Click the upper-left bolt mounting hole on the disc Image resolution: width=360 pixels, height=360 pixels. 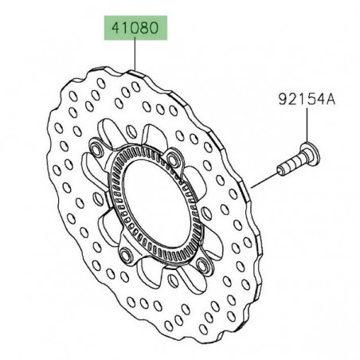(x=96, y=150)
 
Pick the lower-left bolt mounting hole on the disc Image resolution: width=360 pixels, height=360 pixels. (x=126, y=256)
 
